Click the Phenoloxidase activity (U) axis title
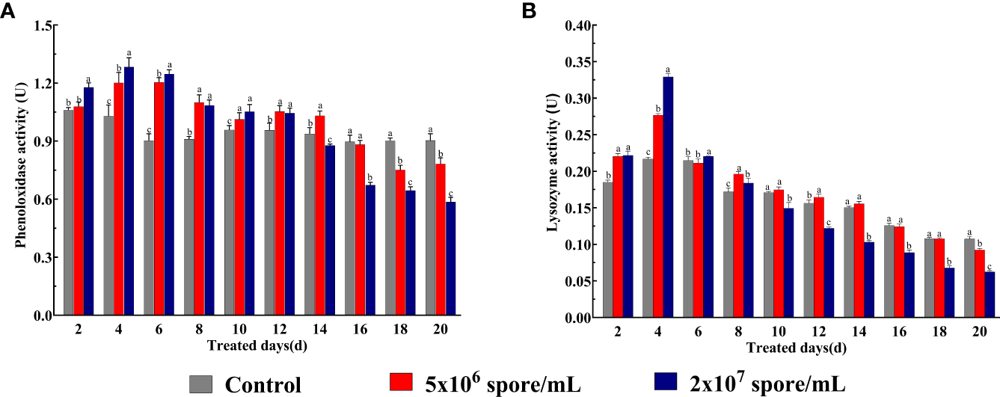pos(22,170)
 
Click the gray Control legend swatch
pos(202,384)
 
